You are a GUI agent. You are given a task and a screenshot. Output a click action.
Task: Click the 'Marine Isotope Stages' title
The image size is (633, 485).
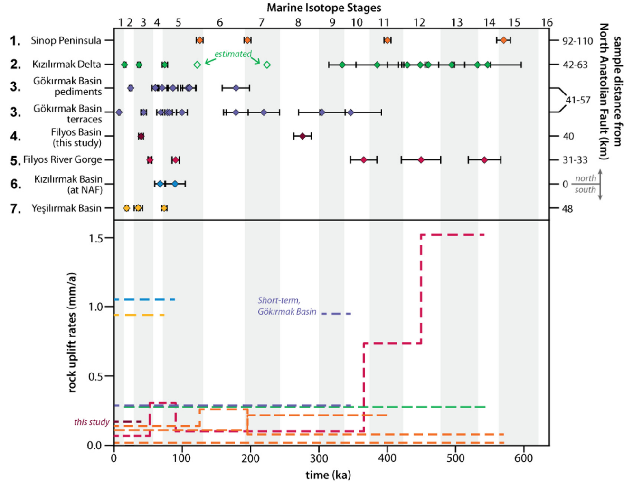point(323,8)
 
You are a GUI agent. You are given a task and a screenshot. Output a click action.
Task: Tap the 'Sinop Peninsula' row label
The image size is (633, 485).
point(66,40)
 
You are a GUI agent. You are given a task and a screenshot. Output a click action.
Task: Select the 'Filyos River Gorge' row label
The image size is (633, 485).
point(62,160)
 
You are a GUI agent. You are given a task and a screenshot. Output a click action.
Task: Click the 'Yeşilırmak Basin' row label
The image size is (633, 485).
point(66,208)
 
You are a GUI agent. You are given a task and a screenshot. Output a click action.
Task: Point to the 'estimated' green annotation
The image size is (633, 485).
point(233,54)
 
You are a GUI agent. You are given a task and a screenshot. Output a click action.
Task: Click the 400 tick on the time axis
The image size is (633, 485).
point(387,458)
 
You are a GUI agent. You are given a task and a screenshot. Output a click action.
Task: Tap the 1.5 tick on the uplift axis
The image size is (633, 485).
point(96,238)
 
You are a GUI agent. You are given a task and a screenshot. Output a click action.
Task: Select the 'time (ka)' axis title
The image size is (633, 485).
point(328,475)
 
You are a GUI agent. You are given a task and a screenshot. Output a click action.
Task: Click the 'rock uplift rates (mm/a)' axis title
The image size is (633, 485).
point(72,332)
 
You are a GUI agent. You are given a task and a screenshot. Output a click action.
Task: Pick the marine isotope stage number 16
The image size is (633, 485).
point(547,22)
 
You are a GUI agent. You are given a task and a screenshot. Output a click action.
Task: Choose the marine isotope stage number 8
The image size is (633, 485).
point(298,22)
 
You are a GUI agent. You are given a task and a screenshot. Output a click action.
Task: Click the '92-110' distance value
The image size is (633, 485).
point(577,41)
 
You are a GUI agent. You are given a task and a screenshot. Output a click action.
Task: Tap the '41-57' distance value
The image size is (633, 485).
point(578,100)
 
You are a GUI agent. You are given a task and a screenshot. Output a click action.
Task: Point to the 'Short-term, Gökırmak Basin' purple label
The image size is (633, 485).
point(287,306)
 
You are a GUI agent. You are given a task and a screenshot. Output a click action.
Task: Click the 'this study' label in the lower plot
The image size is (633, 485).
point(92,422)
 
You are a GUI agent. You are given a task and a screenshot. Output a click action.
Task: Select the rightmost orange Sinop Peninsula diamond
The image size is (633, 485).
point(503,40)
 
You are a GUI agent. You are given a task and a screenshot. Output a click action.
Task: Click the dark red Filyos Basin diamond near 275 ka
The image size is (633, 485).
point(302,136)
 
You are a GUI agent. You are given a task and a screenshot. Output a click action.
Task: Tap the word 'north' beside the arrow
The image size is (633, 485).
point(586,178)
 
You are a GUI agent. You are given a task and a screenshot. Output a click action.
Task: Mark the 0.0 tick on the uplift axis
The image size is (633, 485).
point(95,445)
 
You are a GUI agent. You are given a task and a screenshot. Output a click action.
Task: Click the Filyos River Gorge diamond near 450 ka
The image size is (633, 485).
point(421,160)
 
